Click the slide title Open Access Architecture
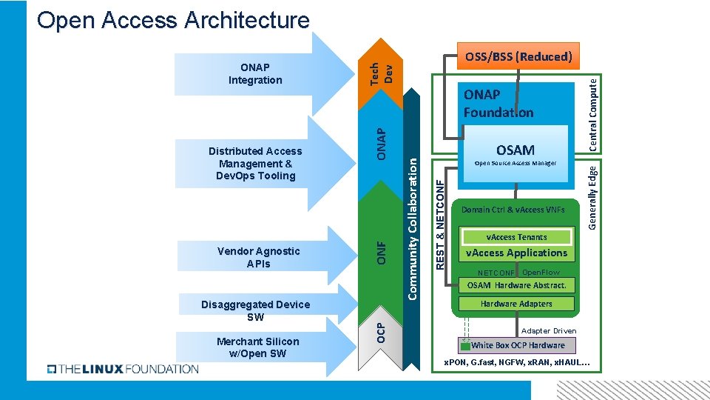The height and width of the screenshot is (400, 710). pos(173,20)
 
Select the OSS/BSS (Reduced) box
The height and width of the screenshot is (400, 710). pos(518,56)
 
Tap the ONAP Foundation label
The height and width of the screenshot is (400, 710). pos(498,104)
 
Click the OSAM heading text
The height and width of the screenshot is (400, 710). pos(515,150)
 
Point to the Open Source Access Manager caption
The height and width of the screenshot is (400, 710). pos(515,163)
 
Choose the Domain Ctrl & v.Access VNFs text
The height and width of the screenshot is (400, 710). pos(513,210)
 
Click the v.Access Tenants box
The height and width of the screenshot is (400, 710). pos(516,237)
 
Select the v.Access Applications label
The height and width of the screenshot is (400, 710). pos(516,253)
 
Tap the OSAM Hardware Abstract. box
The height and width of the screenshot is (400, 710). pos(516,285)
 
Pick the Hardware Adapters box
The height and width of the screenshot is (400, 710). pos(516,304)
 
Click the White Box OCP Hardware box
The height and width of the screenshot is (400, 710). pos(517,345)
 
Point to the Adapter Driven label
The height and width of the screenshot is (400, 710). pos(548,330)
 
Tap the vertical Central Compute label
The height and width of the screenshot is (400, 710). pos(593,113)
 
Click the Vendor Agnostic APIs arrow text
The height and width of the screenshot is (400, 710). pos(259,257)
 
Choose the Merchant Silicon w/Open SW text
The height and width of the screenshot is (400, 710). pos(258,347)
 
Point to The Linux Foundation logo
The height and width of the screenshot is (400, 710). pos(123,369)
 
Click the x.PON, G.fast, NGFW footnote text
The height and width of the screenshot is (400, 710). pos(516,362)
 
